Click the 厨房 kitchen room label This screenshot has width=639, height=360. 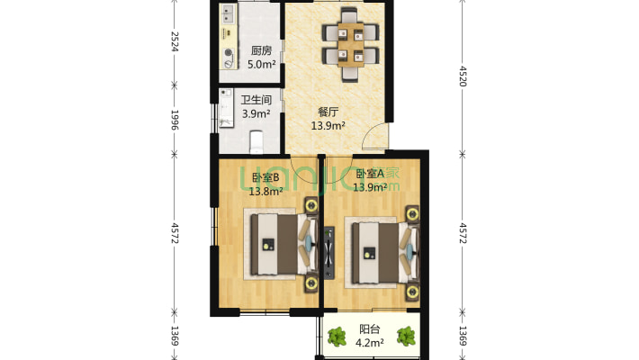click(x=262, y=50)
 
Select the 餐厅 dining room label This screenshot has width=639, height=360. click(x=328, y=112)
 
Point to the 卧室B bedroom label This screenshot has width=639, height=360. click(x=265, y=176)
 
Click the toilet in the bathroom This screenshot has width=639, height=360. click(x=256, y=142)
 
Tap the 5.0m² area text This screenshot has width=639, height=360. click(x=262, y=64)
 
